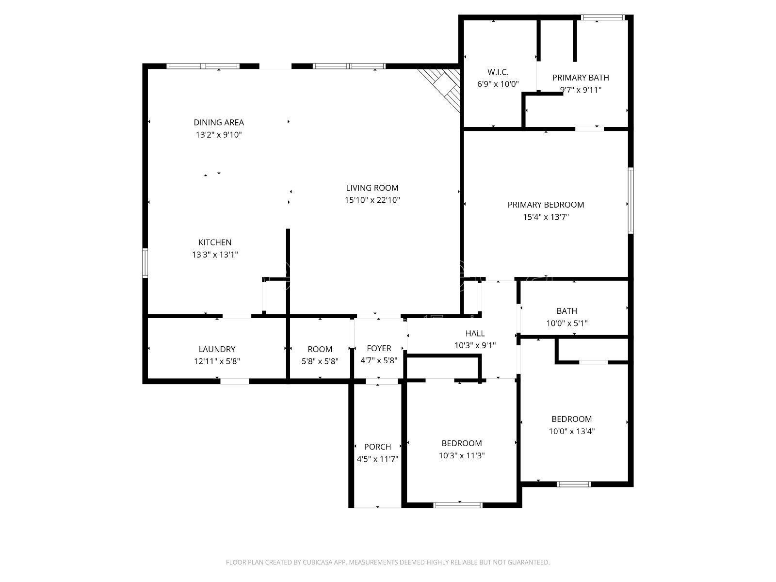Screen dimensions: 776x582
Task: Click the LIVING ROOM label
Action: coord(372,188)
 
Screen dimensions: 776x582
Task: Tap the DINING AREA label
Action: coord(219,123)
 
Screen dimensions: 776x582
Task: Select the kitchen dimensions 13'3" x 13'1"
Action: coord(215,255)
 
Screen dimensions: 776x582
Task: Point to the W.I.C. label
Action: coord(498,72)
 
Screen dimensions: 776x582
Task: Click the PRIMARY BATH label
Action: coord(581,78)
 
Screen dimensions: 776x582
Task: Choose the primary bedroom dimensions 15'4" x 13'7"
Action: coord(546,217)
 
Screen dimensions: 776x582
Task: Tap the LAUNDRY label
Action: coord(217,350)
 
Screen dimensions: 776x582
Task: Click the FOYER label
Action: coord(379,348)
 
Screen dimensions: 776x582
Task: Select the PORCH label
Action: coord(377,447)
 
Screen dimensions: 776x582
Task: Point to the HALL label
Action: coord(475,333)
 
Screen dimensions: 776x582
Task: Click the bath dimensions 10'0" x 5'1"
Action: coord(566,323)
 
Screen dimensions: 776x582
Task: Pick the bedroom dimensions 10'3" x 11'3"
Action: coord(461,455)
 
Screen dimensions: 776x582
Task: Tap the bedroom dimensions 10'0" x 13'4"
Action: coord(572,431)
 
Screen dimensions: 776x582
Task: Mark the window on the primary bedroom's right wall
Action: coord(630,200)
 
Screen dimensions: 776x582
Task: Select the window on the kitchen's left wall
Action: coord(145,262)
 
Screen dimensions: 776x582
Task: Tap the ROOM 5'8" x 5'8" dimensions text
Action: coord(320,361)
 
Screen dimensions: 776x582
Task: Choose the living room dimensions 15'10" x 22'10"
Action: coord(372,200)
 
